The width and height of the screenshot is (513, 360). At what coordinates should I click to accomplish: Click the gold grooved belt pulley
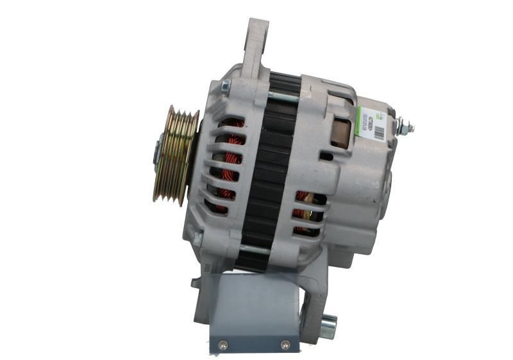(x=174, y=155)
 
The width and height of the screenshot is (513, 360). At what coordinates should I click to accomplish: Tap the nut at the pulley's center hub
(x=156, y=151)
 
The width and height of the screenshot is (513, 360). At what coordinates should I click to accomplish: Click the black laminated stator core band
(x=268, y=173)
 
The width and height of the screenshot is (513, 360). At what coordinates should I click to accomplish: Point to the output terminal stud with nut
(x=403, y=127)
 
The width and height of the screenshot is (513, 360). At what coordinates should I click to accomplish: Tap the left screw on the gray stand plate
(x=223, y=344)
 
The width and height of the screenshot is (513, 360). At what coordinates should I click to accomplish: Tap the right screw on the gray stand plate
(x=285, y=345)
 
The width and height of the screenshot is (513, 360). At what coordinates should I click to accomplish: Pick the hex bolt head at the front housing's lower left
(x=198, y=238)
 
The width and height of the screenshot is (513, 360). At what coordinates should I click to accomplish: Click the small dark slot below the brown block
(x=326, y=156)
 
